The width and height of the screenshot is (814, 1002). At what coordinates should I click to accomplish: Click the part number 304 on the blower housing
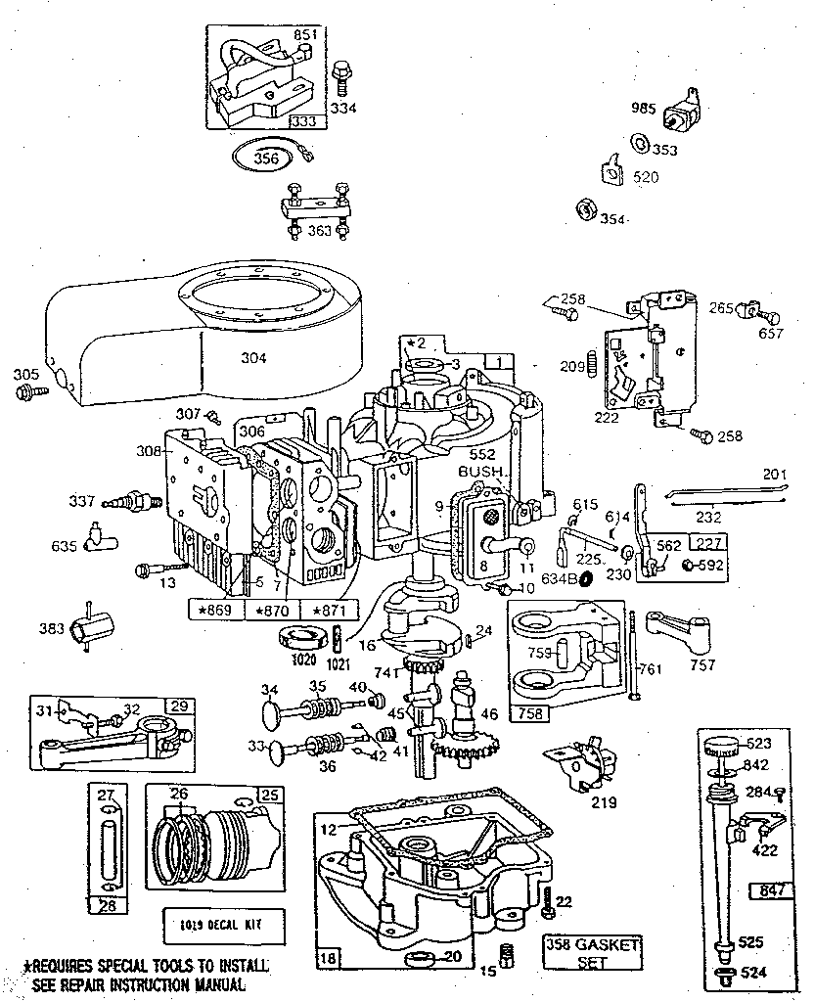click(x=254, y=358)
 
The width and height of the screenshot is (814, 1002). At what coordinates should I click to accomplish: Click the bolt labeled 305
click(x=27, y=391)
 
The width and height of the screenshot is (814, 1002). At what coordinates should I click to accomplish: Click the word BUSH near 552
click(x=478, y=471)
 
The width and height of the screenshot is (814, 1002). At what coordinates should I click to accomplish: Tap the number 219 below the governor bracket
click(x=604, y=803)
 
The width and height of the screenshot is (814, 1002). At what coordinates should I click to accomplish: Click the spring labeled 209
click(x=592, y=366)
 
